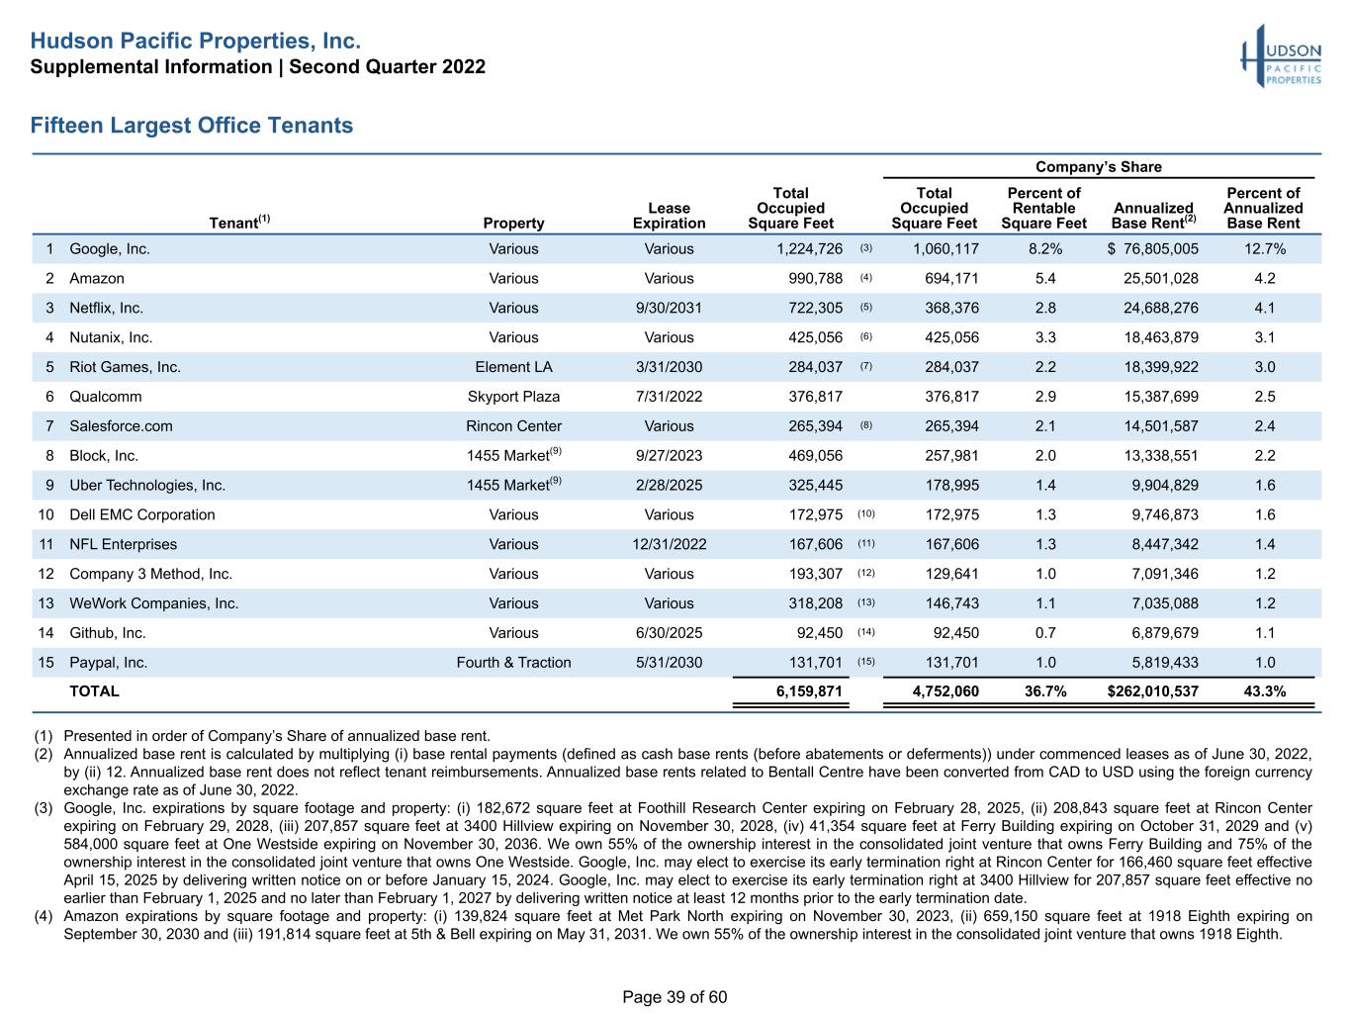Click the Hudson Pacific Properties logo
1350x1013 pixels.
pyautogui.click(x=1280, y=56)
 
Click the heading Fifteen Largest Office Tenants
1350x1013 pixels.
pyautogui.click(x=191, y=125)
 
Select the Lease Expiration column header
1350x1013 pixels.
pyautogui.click(x=669, y=216)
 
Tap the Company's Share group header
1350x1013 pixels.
pyautogui.click(x=1098, y=166)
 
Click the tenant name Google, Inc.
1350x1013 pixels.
pyautogui.click(x=110, y=249)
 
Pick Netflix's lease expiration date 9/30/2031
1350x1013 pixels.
pyautogui.click(x=669, y=308)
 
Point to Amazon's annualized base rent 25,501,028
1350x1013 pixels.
pyautogui.click(x=1160, y=279)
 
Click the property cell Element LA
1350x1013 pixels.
pyautogui.click(x=513, y=367)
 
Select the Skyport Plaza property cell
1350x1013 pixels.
pyautogui.click(x=513, y=397)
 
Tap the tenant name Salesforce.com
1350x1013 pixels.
pyautogui.click(x=122, y=426)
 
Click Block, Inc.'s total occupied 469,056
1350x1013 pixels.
pyautogui.click(x=816, y=456)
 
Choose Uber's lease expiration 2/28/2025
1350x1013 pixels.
pyautogui.click(x=669, y=486)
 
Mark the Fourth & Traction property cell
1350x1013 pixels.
pyautogui.click(x=513, y=663)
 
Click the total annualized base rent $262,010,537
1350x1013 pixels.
pyautogui.click(x=1152, y=691)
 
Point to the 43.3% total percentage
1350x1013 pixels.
pyautogui.click(x=1265, y=691)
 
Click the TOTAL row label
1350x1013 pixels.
pyautogui.click(x=94, y=691)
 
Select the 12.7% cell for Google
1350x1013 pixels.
pyautogui.click(x=1265, y=249)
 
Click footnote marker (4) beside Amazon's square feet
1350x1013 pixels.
pyautogui.click(x=866, y=278)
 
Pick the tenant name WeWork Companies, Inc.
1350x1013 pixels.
pyautogui.click(x=153, y=603)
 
